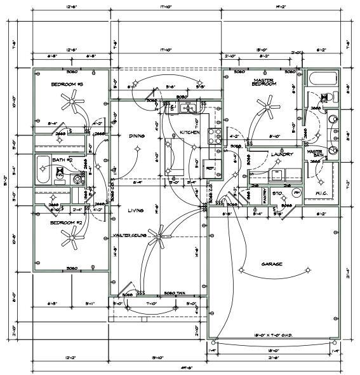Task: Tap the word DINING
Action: pyautogui.click(x=137, y=135)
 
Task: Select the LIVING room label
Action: pyautogui.click(x=135, y=210)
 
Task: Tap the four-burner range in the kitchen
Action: pyautogui.click(x=214, y=135)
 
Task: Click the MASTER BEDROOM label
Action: pyautogui.click(x=263, y=81)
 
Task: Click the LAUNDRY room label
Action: pyautogui.click(x=281, y=154)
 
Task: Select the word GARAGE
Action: pyautogui.click(x=272, y=264)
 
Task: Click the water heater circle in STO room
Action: pyautogui.click(x=295, y=193)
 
